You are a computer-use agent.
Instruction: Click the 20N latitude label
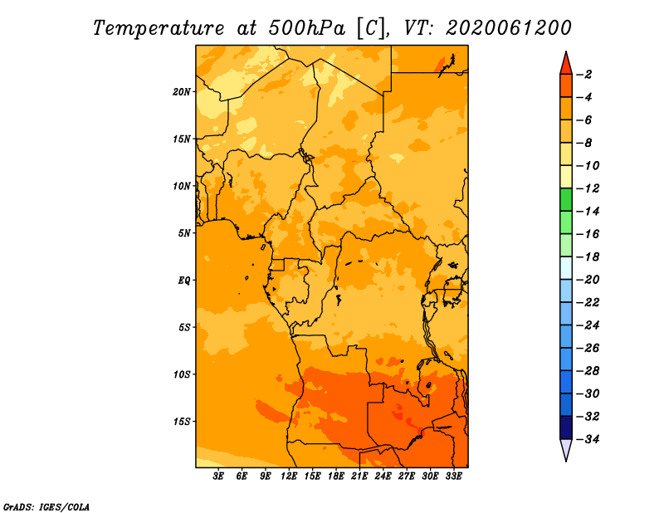coord(182,92)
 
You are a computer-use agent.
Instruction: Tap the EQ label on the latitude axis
coord(183,281)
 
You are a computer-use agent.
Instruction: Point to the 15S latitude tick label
coord(182,422)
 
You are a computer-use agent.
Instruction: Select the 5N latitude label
coord(184,233)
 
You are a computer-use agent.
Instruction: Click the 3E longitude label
coord(218,476)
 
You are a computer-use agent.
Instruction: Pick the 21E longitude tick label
coord(359,476)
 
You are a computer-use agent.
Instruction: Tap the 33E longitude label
coord(453,476)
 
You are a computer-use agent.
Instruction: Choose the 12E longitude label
coord(289,476)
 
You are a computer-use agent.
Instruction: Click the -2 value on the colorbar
coord(587,75)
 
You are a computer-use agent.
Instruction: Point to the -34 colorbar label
coord(588,439)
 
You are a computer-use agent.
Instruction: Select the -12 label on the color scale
coord(588,188)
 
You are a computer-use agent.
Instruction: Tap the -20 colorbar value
coord(588,280)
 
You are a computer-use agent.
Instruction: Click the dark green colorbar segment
coord(566,200)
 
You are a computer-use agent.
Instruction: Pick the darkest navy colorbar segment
coord(566,427)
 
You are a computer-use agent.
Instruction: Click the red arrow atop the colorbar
coord(566,64)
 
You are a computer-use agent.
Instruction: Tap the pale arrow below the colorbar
coord(566,450)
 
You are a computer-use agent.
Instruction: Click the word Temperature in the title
coord(158,29)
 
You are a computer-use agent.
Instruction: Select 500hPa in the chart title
coord(306,29)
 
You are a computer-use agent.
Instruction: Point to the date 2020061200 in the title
coord(509,28)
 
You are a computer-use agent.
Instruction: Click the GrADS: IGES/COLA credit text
coord(46,507)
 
